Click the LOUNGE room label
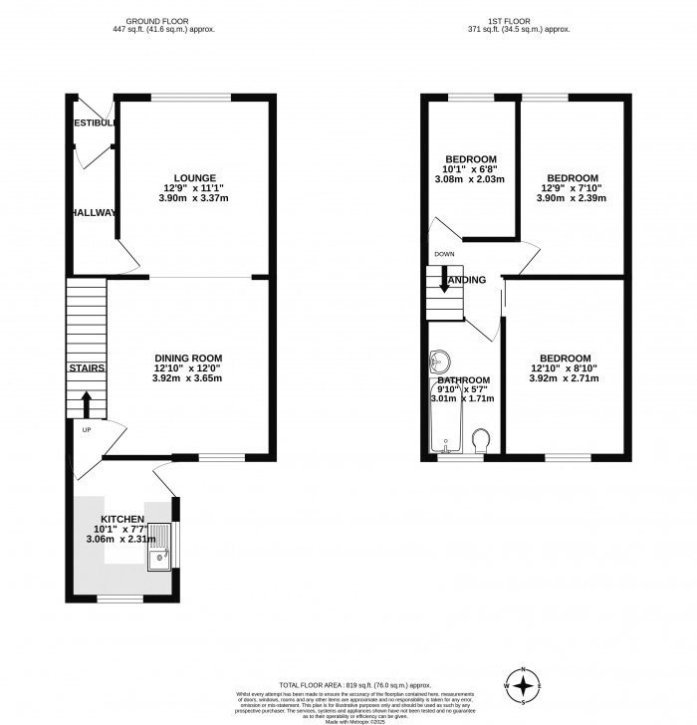click(194, 177)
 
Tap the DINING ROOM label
click(187, 358)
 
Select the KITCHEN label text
click(119, 519)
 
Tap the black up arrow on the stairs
click(86, 403)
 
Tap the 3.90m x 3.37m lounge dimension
click(194, 198)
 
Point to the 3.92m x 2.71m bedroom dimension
click(565, 379)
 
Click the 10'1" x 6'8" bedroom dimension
click(471, 169)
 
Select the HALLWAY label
click(93, 212)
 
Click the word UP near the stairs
click(86, 430)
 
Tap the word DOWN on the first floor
click(444, 254)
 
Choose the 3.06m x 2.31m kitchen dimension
click(119, 540)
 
